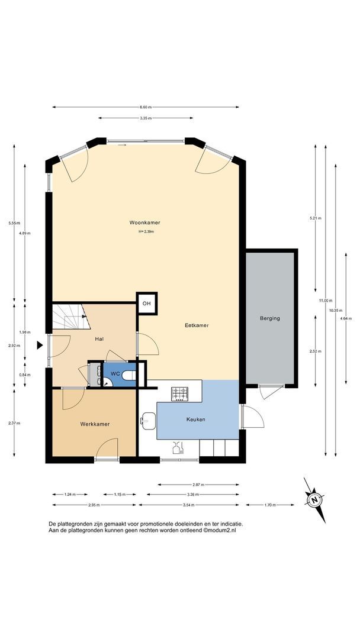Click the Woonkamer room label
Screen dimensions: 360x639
[x=144, y=222]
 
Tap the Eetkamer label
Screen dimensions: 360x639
[x=197, y=325]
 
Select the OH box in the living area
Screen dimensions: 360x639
[x=146, y=303]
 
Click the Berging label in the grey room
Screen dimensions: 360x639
[x=270, y=318]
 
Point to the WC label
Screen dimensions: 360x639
[x=115, y=374]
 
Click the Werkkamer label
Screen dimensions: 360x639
[x=95, y=424]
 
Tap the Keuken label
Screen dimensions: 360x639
[x=196, y=419]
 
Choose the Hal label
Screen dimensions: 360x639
[x=99, y=339]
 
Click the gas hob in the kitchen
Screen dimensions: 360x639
[x=179, y=393]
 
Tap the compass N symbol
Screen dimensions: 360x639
[x=314, y=500]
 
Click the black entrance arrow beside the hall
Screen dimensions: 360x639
[x=40, y=345]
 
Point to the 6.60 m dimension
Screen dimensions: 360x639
[x=146, y=107]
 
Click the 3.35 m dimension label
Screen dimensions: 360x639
[x=146, y=118]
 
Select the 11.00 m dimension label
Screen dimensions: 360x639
[x=325, y=301]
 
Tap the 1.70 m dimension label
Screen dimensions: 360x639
[x=270, y=505]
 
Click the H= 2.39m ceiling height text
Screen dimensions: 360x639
[x=146, y=231]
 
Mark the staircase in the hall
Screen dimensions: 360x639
[x=71, y=316]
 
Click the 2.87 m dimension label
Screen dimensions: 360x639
[x=198, y=485]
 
